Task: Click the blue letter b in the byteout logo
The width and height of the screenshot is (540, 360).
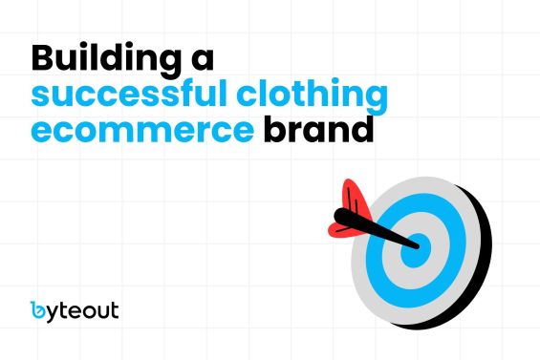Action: (37, 309)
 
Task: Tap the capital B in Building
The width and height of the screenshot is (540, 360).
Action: (45, 57)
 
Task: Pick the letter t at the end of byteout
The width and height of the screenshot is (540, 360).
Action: (114, 310)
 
